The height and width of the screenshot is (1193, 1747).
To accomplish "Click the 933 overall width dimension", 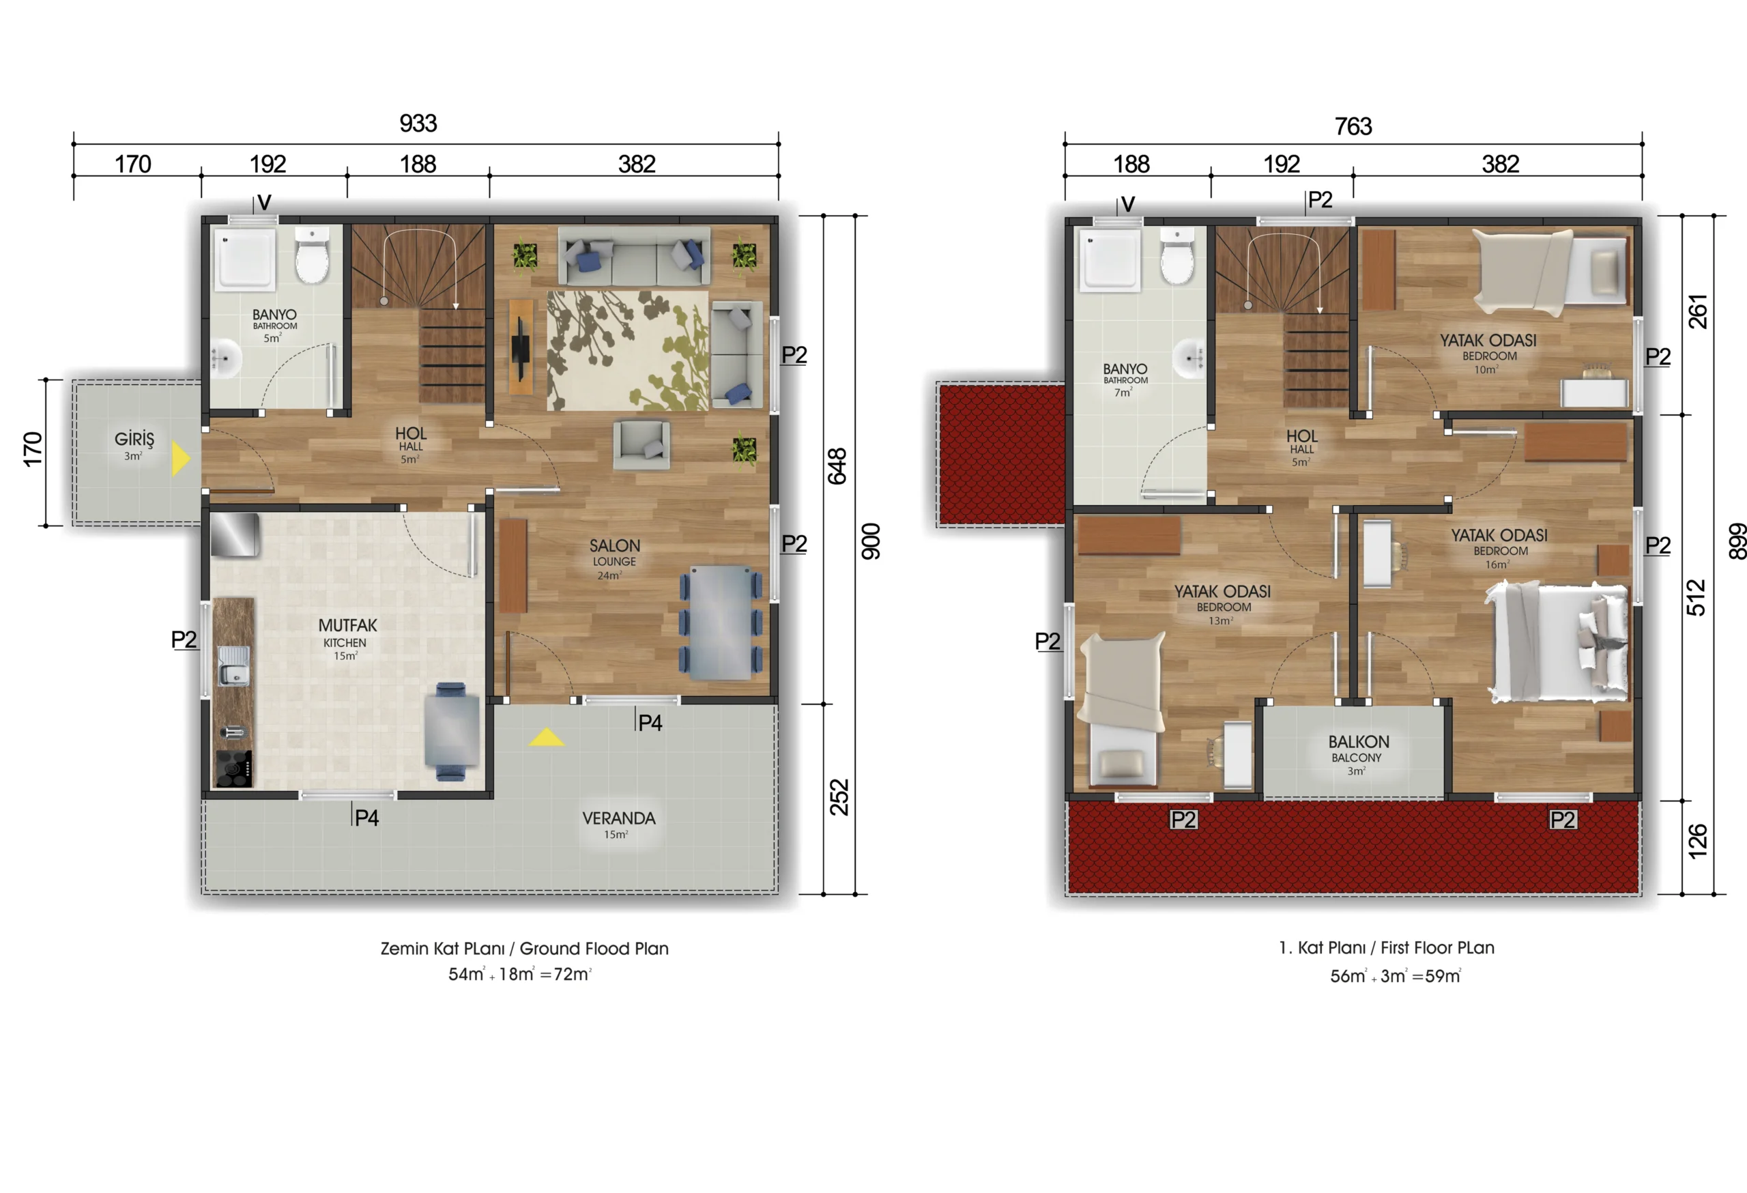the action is [418, 124].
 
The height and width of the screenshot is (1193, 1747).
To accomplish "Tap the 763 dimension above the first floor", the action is [1353, 126].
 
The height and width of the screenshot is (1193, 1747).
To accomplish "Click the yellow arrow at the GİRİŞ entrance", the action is [180, 459].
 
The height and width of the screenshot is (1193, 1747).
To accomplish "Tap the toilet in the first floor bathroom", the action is [1176, 257].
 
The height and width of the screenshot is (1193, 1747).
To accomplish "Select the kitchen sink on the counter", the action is [234, 666].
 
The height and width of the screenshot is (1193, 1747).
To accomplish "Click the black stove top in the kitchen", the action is [234, 768].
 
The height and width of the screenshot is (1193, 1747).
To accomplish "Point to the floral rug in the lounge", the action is [628, 350].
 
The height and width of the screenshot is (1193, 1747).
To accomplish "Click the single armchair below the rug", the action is [641, 445].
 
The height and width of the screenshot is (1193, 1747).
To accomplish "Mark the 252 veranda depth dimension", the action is [839, 797].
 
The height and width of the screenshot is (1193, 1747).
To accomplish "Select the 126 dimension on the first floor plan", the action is [1697, 842].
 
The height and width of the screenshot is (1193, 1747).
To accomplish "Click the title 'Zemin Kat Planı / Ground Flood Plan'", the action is [524, 949].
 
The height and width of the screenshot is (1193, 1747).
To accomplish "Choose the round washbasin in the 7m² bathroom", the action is [1189, 358].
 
